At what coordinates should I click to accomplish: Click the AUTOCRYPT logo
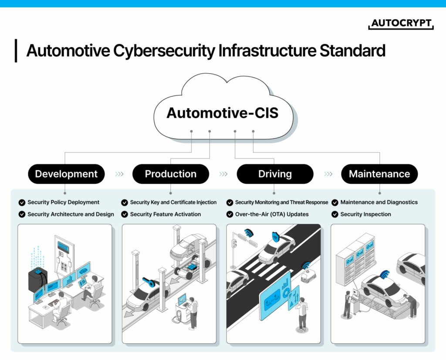[401, 24]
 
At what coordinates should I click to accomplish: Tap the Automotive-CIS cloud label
[222, 113]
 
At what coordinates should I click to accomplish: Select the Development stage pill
[66, 174]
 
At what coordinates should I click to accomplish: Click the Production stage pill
[170, 174]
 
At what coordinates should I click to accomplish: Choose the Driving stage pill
[275, 174]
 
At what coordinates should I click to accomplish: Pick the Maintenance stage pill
[379, 174]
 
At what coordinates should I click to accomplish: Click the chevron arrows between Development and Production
[119, 174]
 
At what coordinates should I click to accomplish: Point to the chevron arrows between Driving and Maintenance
[328, 174]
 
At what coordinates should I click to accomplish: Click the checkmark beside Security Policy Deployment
[22, 202]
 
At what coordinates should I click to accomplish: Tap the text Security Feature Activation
[166, 214]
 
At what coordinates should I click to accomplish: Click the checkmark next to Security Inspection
[335, 214]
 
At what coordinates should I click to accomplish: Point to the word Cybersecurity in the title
[164, 51]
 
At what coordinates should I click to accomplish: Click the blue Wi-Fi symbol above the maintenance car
[384, 274]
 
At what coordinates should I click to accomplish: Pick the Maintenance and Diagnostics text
[379, 202]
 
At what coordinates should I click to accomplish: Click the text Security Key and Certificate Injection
[173, 202]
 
